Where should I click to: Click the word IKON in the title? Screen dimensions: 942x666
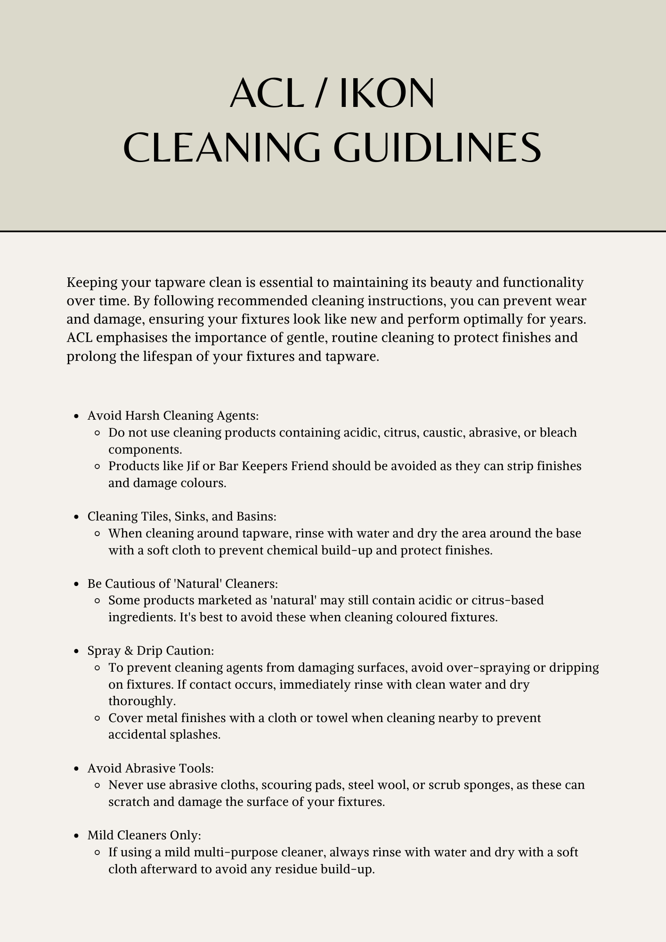point(387,93)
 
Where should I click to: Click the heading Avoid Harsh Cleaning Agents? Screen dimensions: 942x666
point(173,415)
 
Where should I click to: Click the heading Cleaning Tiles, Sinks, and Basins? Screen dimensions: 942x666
point(182,516)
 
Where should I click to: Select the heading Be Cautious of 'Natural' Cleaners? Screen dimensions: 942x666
point(183,584)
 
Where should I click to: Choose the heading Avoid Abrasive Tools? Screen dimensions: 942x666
point(151,768)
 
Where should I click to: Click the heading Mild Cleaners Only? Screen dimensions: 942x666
point(144,835)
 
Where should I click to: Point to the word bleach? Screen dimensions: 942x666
point(558,432)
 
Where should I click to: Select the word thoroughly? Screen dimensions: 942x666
point(142,701)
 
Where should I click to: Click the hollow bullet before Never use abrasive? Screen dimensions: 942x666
point(97,786)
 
